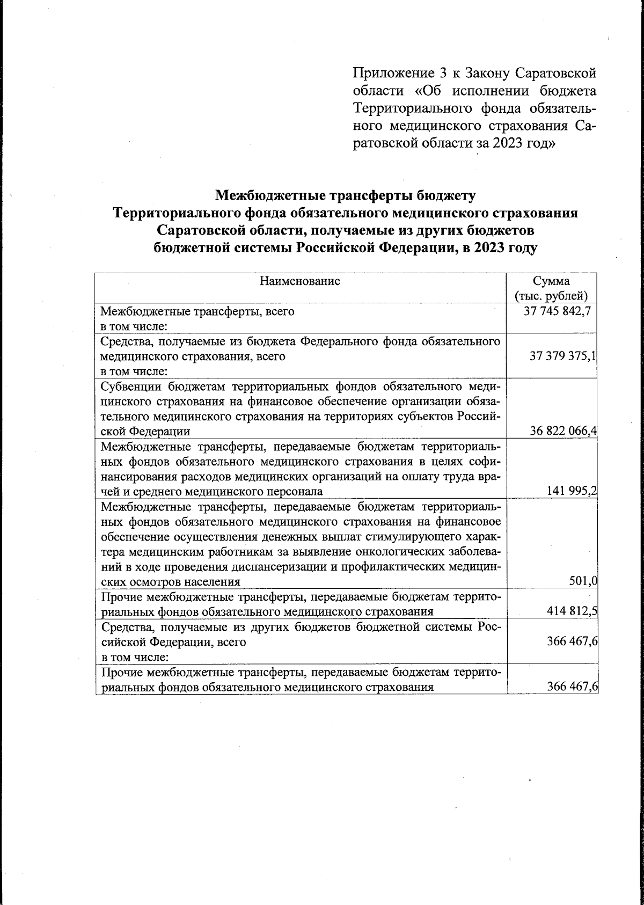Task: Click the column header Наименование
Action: tap(300, 281)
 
